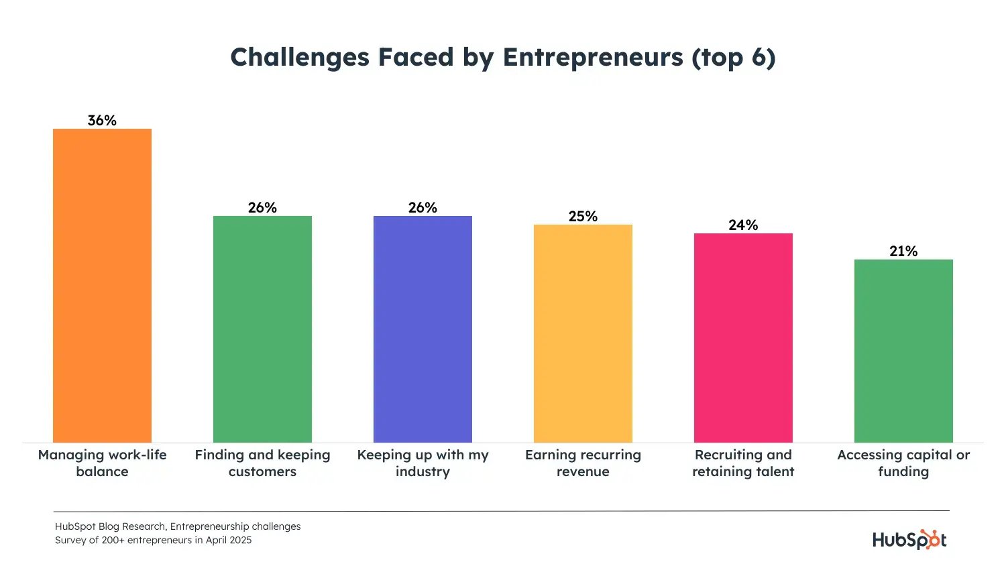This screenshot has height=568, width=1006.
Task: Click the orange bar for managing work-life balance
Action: [x=102, y=285]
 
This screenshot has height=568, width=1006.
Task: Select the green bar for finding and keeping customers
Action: [x=262, y=329]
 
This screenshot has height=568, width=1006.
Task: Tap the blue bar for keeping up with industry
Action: [x=423, y=329]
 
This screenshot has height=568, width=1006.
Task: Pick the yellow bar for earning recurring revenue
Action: [x=583, y=333]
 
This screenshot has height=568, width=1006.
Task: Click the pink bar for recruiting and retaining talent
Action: [x=743, y=337]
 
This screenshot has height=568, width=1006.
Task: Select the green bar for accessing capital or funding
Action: [x=903, y=351]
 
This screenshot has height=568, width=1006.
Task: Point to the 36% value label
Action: [x=102, y=121]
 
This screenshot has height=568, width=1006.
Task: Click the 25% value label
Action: [x=583, y=217]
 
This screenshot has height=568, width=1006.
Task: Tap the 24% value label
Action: [x=743, y=225]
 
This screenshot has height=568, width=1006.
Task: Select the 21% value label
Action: [x=903, y=251]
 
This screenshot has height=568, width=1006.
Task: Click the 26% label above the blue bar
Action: [x=423, y=208]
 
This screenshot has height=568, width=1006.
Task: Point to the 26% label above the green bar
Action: [x=262, y=208]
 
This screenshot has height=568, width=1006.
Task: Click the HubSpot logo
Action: [x=909, y=540]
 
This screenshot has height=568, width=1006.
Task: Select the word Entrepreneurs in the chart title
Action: [x=593, y=58]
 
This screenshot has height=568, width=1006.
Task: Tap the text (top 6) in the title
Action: [x=734, y=58]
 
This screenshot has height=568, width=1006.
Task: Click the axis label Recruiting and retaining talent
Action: [x=743, y=463]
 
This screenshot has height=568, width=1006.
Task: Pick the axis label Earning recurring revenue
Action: [x=583, y=463]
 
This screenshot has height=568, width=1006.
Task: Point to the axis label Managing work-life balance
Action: [x=102, y=463]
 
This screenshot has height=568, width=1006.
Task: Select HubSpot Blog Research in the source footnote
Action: [x=110, y=526]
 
